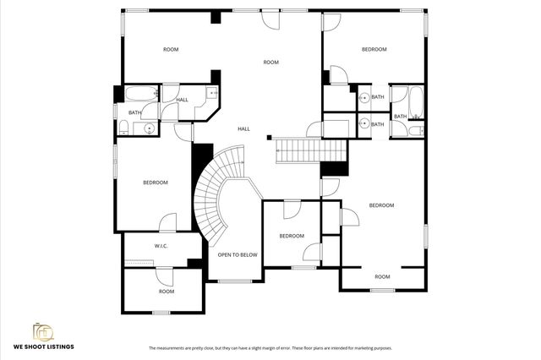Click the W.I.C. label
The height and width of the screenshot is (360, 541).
[161, 246]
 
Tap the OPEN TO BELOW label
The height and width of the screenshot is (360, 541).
[238, 254]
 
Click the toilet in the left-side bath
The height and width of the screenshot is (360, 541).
[124, 127]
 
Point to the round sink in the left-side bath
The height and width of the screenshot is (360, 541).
[149, 128]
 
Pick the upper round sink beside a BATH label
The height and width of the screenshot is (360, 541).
[363, 97]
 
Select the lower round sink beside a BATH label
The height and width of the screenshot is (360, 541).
[363, 123]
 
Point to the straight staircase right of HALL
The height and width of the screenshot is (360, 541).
[312, 152]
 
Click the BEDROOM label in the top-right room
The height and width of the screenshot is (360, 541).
[374, 50]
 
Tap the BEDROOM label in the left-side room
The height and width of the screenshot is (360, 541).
[155, 183]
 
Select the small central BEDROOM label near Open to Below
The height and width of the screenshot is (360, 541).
[292, 236]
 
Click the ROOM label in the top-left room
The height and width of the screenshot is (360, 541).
[171, 50]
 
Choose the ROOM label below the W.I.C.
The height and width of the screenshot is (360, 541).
[167, 292]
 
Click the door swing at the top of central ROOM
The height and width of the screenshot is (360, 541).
[270, 21]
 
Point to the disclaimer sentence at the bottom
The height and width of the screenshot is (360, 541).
[270, 348]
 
